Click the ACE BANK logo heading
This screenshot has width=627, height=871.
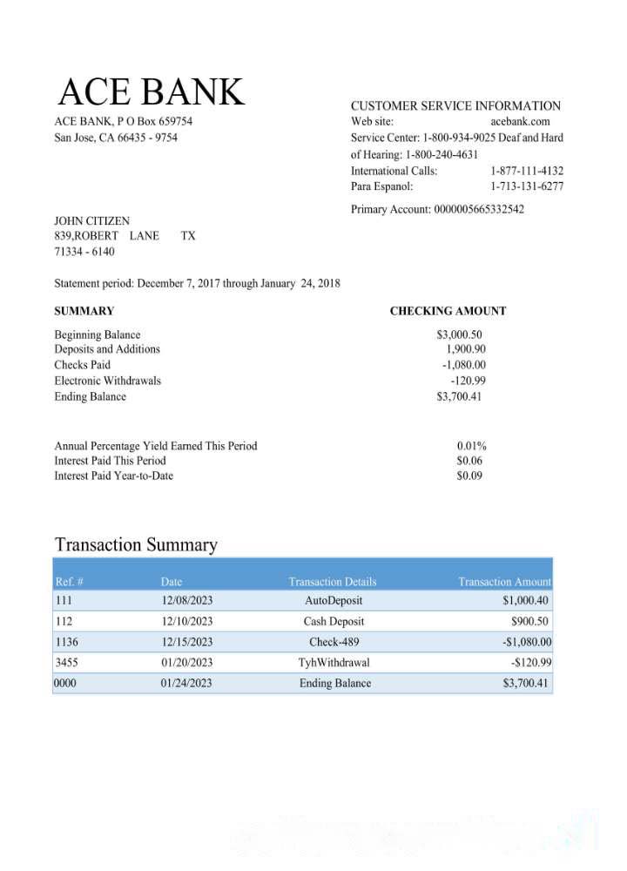coord(152,92)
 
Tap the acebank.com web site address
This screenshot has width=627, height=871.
coord(520,122)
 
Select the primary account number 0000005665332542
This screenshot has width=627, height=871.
coord(478,209)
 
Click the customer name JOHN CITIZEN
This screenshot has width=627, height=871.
coord(91,221)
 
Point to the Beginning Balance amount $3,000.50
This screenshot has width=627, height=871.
coord(459,334)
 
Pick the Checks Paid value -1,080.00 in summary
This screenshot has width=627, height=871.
coord(463,365)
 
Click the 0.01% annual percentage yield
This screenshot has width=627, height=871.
coord(471,446)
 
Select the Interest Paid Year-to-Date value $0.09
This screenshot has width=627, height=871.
coord(469,476)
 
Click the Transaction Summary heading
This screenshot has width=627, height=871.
coord(136,545)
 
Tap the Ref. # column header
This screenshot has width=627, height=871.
coord(69,582)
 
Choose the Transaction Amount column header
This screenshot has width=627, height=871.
coord(504,582)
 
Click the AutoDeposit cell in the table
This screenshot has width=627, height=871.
coord(334,601)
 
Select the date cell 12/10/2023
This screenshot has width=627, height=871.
coord(186,622)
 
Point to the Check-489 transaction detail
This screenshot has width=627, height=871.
coord(334,643)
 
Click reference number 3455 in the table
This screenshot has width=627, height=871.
coord(67,663)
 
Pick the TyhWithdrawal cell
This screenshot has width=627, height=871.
coord(334,663)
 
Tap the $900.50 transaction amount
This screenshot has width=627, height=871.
coord(529,622)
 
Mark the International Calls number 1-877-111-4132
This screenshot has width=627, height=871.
coord(526,171)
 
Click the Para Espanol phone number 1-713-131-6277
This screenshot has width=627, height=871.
coord(526,186)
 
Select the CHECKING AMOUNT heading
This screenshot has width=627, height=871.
coord(448,311)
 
